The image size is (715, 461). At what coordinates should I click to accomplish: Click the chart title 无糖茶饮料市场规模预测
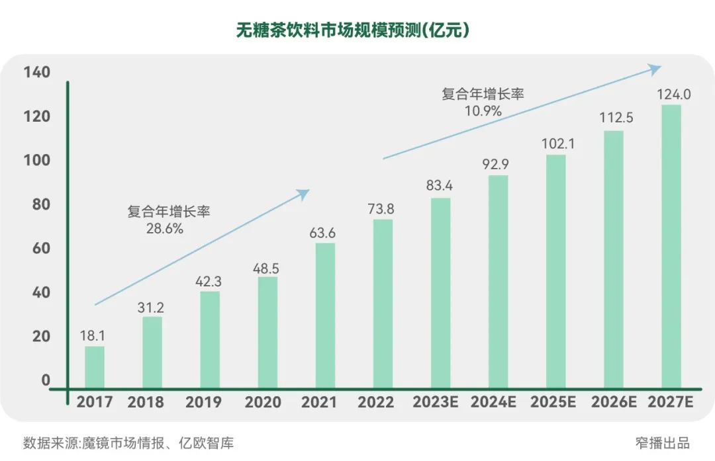tap(353, 30)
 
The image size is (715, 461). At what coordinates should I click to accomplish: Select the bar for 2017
tap(95, 366)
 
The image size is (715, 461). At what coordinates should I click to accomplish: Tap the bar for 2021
tap(325, 315)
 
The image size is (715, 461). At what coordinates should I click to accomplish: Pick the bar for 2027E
tap(671, 246)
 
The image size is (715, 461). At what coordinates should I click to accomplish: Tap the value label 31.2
tap(152, 306)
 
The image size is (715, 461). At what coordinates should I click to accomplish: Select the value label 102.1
tap(556, 144)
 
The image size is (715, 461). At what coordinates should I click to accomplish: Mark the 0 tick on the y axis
tap(46, 380)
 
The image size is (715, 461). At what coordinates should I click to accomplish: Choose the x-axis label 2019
tap(204, 402)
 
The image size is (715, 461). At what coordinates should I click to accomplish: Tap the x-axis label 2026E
tap(614, 402)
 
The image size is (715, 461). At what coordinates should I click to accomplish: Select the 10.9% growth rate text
tap(483, 110)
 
